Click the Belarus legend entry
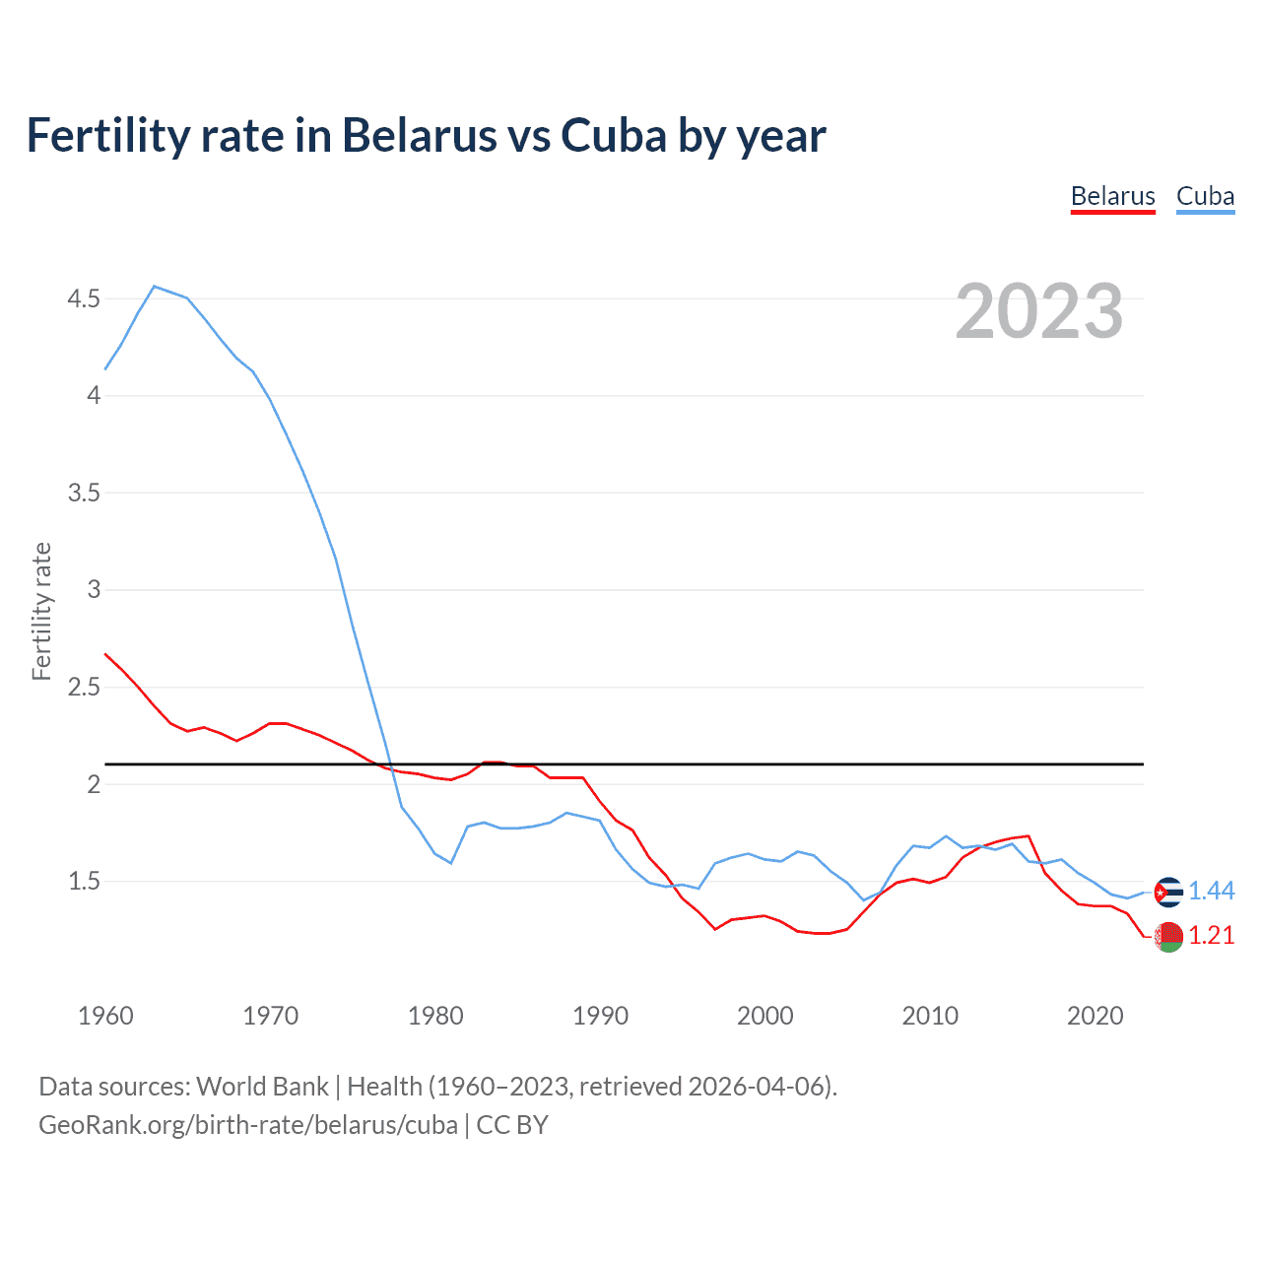pyautogui.click(x=1112, y=196)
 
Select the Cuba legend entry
pyautogui.click(x=1205, y=196)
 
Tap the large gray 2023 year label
pyautogui.click(x=1039, y=311)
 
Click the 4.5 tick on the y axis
pyautogui.click(x=84, y=299)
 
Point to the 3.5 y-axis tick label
pyautogui.click(x=84, y=493)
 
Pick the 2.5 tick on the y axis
pyautogui.click(x=84, y=687)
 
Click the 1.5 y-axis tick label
pyautogui.click(x=84, y=881)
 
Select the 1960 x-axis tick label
pyautogui.click(x=105, y=1016)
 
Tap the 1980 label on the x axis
pyautogui.click(x=435, y=1016)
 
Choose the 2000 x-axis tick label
pyautogui.click(x=764, y=1016)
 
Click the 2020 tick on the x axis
pyautogui.click(x=1095, y=1016)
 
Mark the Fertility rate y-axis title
pyautogui.click(x=41, y=611)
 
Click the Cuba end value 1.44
pyautogui.click(x=1211, y=892)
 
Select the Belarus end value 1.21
pyautogui.click(x=1211, y=936)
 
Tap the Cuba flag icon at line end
pyautogui.click(x=1168, y=892)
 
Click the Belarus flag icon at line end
pyautogui.click(x=1168, y=937)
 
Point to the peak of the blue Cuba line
pyautogui.click(x=155, y=287)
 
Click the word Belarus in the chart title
pyautogui.click(x=419, y=135)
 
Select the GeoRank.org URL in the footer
pyautogui.click(x=248, y=1125)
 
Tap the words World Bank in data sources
pyautogui.click(x=262, y=1087)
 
